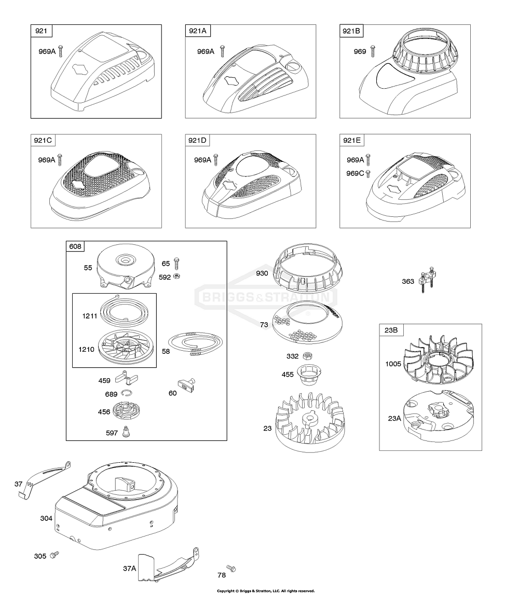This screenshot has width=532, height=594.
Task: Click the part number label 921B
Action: point(351,31)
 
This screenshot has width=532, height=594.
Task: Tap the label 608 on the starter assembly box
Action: point(75,246)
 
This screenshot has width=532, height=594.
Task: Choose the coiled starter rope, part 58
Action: point(195,343)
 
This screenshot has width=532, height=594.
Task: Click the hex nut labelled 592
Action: point(176,277)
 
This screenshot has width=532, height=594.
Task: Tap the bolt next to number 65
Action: point(176,264)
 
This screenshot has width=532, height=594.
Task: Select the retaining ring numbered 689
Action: point(127,393)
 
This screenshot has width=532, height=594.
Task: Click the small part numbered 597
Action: point(126,432)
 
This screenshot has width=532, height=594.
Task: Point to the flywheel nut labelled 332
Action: point(308,356)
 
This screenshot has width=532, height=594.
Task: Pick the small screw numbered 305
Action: point(56,555)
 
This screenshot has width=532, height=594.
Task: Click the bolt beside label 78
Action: point(231,568)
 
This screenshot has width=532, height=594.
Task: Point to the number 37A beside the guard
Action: point(130,568)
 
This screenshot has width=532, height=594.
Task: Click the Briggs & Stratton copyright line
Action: point(266,590)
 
